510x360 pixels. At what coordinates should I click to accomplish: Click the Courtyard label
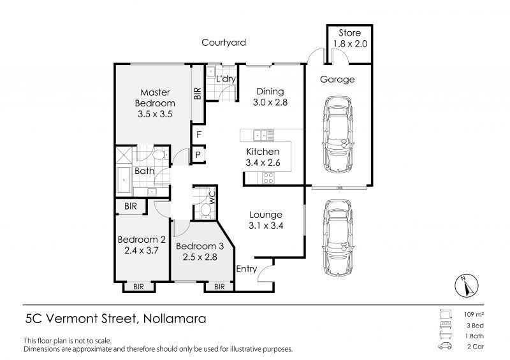224,43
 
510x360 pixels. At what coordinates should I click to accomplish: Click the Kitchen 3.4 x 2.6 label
263,157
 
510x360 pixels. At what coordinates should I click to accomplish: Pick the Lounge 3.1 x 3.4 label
265,220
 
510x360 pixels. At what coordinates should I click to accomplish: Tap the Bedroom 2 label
142,245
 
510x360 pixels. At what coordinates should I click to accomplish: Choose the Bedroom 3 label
200,251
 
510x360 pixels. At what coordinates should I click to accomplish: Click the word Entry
247,269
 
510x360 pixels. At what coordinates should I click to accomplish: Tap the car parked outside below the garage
337,236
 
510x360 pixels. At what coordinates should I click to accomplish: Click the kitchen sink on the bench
261,134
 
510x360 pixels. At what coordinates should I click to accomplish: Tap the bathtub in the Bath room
124,180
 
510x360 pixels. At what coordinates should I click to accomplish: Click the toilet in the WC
205,208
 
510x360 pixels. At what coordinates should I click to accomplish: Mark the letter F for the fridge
199,134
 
